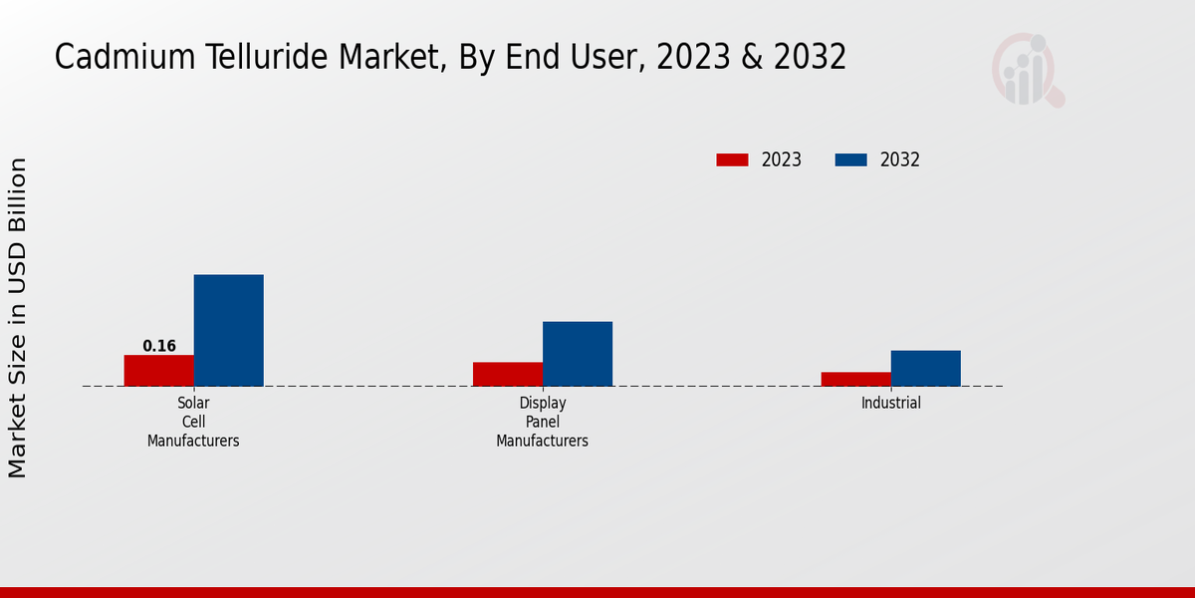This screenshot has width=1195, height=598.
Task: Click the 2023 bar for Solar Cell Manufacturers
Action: click(158, 371)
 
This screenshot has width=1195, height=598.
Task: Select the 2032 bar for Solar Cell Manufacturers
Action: click(228, 330)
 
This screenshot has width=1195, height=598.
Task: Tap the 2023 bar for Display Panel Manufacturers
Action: click(507, 374)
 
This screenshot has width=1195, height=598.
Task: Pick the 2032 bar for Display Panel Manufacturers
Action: click(578, 354)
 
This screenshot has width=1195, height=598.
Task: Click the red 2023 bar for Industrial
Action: click(855, 379)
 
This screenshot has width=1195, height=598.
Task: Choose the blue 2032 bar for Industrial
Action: click(925, 368)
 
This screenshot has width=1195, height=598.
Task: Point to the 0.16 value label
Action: click(159, 347)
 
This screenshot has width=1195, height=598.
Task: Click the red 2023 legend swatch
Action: click(732, 159)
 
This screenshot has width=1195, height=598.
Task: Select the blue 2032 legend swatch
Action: click(850, 159)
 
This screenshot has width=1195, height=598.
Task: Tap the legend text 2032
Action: click(900, 159)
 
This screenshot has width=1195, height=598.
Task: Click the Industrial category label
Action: click(891, 404)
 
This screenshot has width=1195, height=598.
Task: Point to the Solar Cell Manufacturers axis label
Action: click(193, 422)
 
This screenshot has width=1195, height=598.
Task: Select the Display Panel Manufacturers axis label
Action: click(543, 422)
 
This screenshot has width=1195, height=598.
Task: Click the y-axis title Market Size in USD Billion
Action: click(18, 317)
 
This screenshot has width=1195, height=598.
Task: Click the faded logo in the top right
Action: click(1027, 70)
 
